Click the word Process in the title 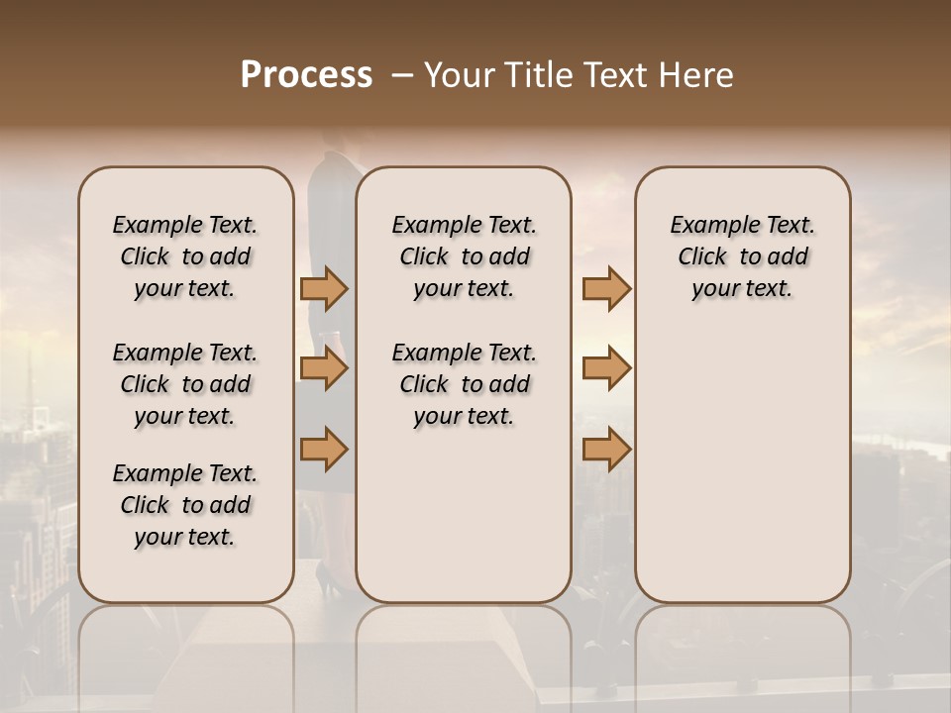point(306,75)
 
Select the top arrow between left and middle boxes point(324,288)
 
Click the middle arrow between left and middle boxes point(324,368)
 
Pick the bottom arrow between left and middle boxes point(324,449)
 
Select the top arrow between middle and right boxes point(606,288)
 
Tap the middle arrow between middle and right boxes point(606,368)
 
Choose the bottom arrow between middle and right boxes point(606,449)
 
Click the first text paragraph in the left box point(185,256)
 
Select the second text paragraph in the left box point(185,384)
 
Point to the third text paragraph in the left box point(185,505)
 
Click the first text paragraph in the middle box point(464,256)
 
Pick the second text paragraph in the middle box point(464,384)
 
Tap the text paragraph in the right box point(742,256)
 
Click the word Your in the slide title point(458,75)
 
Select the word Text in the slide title point(614,75)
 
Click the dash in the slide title point(402,75)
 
